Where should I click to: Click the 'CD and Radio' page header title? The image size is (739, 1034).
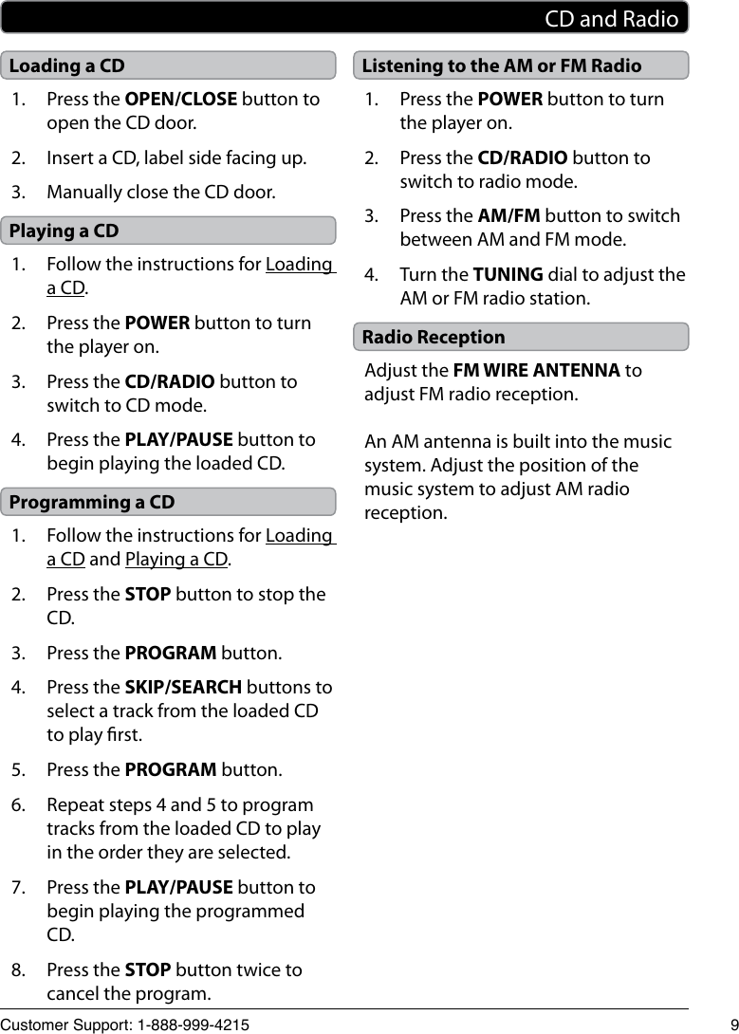click(612, 19)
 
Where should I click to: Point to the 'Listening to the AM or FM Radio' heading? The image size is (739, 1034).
click(502, 65)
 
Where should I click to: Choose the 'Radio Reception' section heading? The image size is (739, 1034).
click(434, 337)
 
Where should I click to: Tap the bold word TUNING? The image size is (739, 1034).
click(508, 275)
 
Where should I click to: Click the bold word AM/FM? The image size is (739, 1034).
click(508, 216)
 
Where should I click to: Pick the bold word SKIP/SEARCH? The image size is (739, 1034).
click(183, 687)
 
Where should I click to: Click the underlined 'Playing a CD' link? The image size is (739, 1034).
click(176, 559)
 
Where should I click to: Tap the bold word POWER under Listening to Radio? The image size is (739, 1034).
click(510, 99)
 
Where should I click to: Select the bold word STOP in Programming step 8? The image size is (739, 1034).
click(148, 969)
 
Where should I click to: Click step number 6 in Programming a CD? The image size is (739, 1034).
click(19, 804)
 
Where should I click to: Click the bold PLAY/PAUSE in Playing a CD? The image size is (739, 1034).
click(178, 439)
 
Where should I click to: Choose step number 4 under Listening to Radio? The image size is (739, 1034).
click(372, 275)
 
